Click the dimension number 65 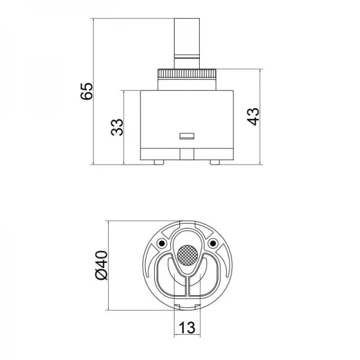click(x=88, y=91)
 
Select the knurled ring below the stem click(x=187, y=79)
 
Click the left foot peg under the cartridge click(x=158, y=161)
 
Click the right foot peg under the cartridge click(x=215, y=161)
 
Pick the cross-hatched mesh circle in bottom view click(x=188, y=256)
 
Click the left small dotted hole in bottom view click(x=161, y=243)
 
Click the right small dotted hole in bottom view click(x=214, y=243)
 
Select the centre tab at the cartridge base click(x=187, y=154)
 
